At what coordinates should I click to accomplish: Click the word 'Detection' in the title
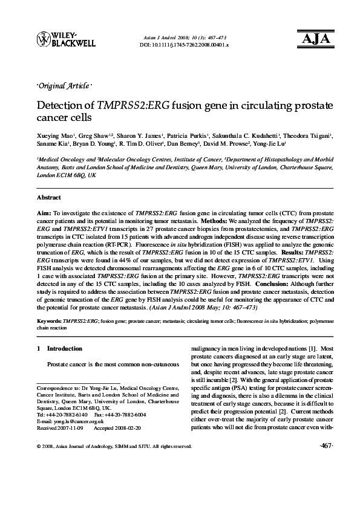60,105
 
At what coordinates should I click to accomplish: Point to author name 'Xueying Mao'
52,137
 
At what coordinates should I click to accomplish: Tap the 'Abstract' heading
48,198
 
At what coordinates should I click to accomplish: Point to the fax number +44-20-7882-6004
125,415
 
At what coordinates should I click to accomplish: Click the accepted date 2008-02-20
124,427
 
